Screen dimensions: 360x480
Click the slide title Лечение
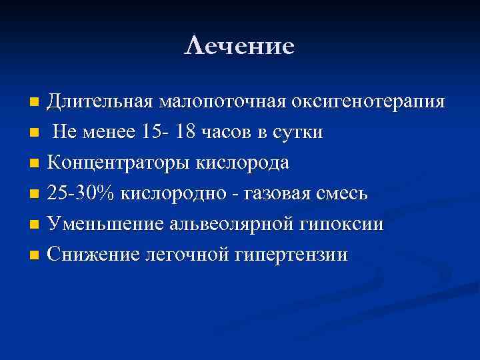click(239, 46)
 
